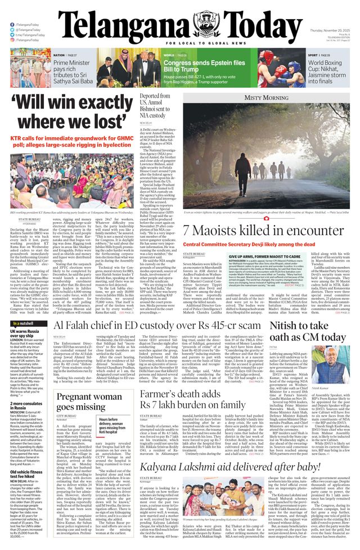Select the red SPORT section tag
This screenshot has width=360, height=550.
pyautogui.click(x=312, y=55)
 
